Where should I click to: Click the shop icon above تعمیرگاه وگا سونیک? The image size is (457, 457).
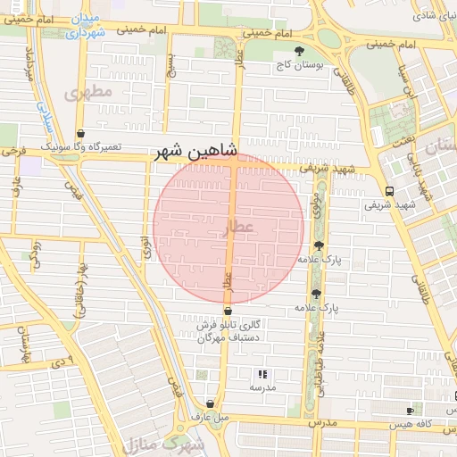point(82,134)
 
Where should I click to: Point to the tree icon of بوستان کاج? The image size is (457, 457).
point(299,51)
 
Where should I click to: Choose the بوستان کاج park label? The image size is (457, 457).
point(299,65)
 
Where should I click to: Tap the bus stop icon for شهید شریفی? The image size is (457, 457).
point(388,191)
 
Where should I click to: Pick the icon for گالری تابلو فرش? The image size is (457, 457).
point(228,312)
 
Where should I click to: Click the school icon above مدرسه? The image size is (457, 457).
point(262,375)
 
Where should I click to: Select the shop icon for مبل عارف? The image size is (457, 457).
point(210,403)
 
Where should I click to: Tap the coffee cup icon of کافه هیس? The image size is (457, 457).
point(411,411)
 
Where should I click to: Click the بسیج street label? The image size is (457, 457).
point(175,67)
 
